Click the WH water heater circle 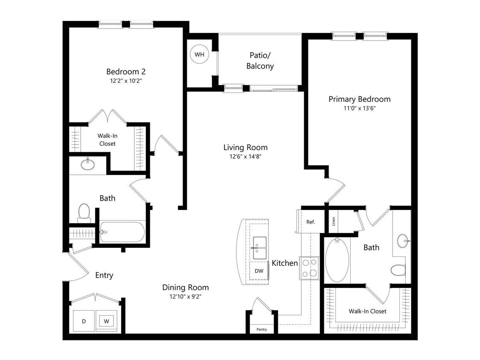click(x=199, y=55)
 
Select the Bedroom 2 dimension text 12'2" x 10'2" click(x=123, y=80)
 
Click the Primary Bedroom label click(x=359, y=99)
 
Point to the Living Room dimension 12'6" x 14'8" click(x=245, y=157)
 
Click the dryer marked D click(x=84, y=321)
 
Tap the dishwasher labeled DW click(x=259, y=270)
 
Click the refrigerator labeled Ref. click(x=310, y=222)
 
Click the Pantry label click(x=262, y=329)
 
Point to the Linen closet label click(x=333, y=221)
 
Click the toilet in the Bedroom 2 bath click(x=84, y=213)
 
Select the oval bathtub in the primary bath click(x=337, y=260)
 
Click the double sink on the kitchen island click(x=259, y=248)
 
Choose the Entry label click(x=104, y=275)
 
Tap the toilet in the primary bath click(x=399, y=270)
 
